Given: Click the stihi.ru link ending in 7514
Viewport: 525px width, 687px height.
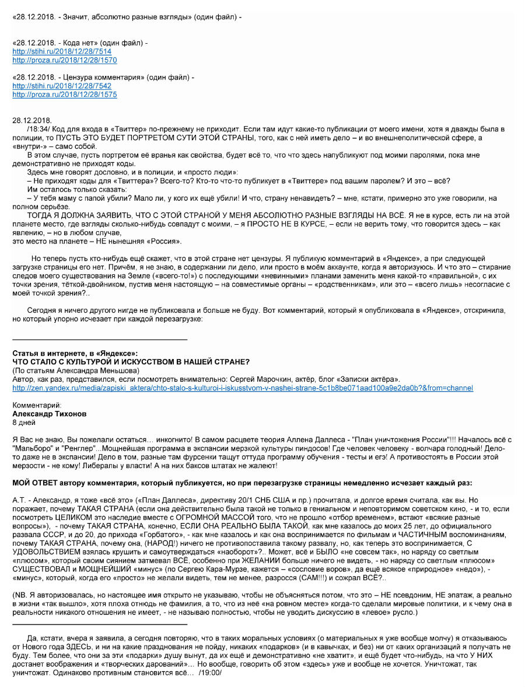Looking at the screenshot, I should pos(62,51).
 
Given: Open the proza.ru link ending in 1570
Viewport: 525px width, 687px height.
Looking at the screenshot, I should pos(64,60).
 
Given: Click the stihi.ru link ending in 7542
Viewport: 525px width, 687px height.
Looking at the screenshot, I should pos(62,86).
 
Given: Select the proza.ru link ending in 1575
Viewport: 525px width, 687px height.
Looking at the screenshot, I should pos(64,94).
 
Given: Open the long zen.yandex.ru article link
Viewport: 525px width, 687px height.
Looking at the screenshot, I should pos(242,388).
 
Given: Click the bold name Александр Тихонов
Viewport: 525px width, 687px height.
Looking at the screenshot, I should pos(49,414).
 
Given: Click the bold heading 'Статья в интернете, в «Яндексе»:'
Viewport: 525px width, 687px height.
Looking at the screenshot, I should pos(75,354).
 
